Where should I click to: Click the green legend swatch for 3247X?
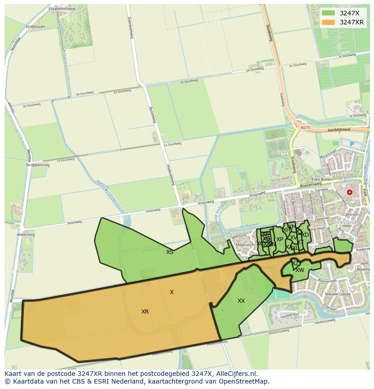pyautogui.click(x=328, y=13)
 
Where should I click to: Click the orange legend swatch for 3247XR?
pyautogui.click(x=328, y=22)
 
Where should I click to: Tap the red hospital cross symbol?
pyautogui.click(x=349, y=192)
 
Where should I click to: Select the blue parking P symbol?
pyautogui.click(x=351, y=144)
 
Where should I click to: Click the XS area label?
pyautogui.click(x=169, y=252)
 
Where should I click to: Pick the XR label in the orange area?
pyautogui.click(x=145, y=312)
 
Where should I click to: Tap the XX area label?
pyautogui.click(x=241, y=301)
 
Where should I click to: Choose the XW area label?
pyautogui.click(x=300, y=270)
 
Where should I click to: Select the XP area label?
pyautogui.click(x=280, y=239)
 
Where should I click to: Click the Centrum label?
pyautogui.click(x=351, y=215)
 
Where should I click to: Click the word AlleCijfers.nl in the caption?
pyautogui.click(x=235, y=374)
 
